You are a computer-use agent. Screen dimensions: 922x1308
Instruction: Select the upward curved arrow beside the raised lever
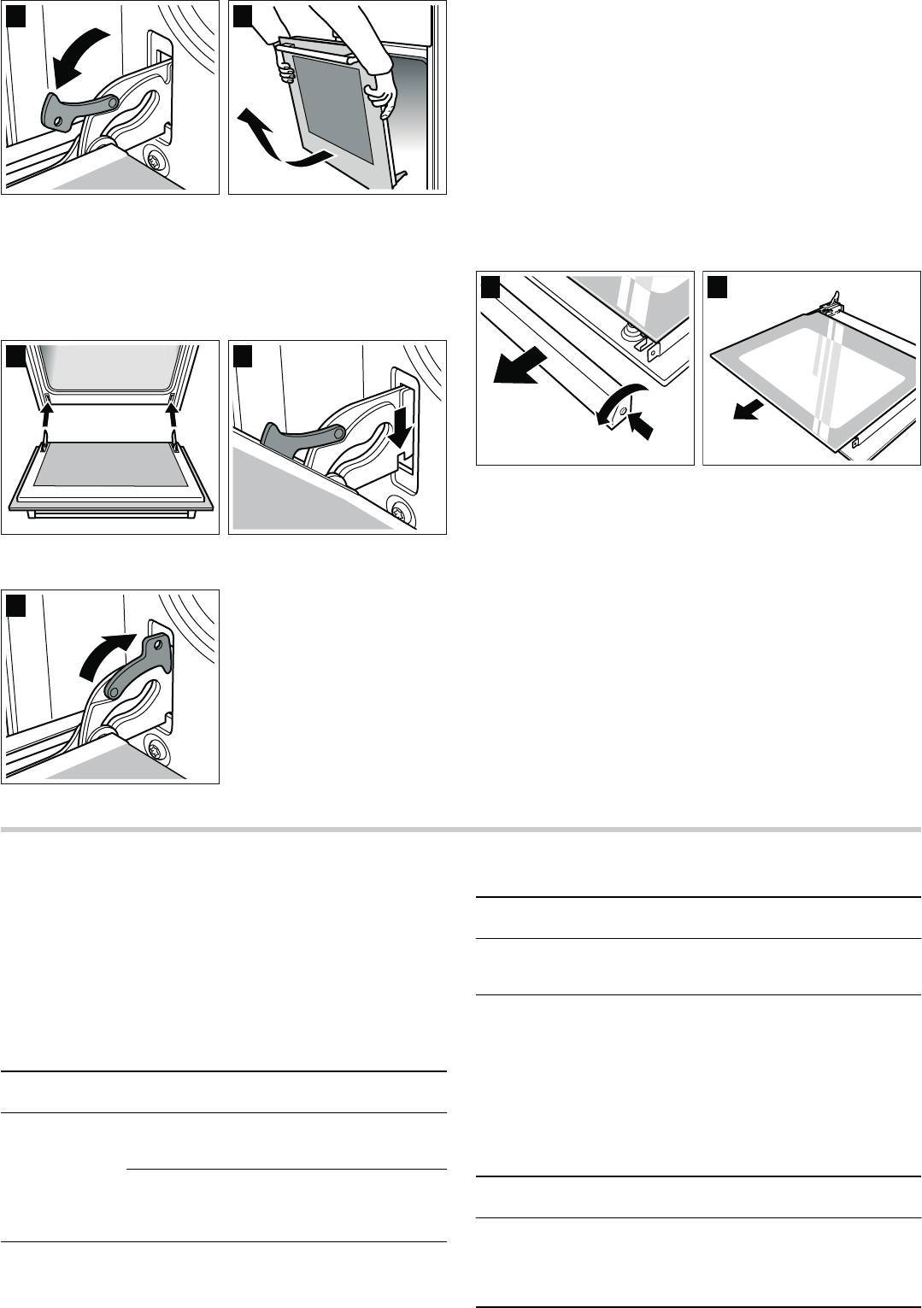[x=108, y=654]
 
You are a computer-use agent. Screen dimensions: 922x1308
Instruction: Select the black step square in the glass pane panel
[x=717, y=287]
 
